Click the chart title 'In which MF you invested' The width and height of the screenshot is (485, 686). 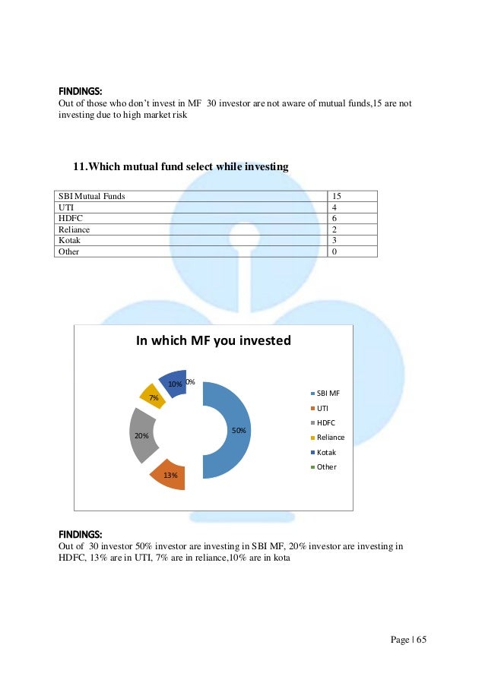[x=213, y=340]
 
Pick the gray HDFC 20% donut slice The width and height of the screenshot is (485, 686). [x=142, y=436]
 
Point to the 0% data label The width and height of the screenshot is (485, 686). [x=190, y=381]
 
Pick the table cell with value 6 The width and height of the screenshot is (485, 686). [x=335, y=218]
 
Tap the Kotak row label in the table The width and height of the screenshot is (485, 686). [x=69, y=239]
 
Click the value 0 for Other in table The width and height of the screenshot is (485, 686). [x=335, y=251]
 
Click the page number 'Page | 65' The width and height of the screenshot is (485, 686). [x=409, y=640]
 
